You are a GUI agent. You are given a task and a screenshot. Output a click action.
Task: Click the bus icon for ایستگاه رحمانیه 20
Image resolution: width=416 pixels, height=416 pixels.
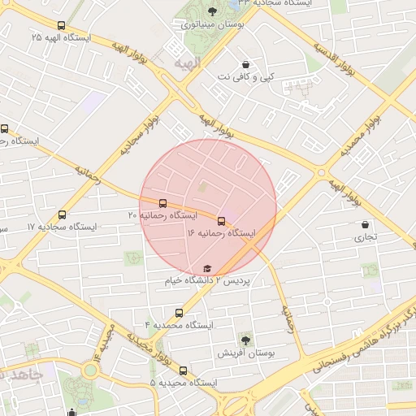coord(162,203)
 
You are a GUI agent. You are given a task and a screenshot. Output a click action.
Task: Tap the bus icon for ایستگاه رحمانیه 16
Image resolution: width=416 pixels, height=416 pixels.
coord(221,220)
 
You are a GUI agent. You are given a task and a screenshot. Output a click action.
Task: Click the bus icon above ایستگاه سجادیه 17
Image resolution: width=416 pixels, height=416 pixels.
coord(63,215)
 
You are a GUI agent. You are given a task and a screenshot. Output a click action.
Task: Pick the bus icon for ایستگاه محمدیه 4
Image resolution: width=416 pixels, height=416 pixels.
coord(180,313)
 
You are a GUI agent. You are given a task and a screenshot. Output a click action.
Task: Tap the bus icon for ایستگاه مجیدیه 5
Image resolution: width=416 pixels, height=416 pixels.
coord(183,370)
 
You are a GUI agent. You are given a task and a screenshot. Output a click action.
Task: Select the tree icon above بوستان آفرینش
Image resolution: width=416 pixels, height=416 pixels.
coord(245,340)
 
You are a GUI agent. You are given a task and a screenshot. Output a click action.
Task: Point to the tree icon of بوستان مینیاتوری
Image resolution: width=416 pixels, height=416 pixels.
coord(212,11)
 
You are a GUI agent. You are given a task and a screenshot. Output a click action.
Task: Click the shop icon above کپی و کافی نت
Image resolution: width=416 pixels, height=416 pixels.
coord(246,64)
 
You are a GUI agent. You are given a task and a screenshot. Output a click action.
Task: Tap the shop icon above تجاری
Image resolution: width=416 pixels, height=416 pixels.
coord(362,225)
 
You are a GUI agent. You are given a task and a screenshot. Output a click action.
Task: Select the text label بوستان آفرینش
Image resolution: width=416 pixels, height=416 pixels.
coord(246,353)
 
